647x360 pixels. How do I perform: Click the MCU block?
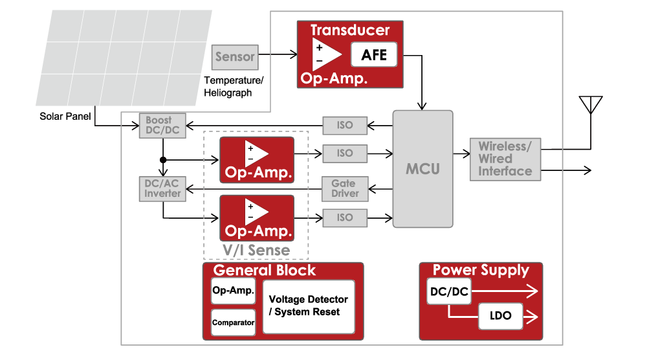coord(422,168)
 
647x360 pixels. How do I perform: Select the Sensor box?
coord(235,57)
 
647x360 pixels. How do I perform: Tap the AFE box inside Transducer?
coord(373,55)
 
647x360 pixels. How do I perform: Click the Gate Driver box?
coord(345,188)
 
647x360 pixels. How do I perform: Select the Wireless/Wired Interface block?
coord(505,159)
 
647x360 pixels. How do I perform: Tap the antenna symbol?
coord(590,106)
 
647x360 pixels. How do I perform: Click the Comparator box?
coord(233,322)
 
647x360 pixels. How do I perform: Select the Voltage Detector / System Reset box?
coord(309,306)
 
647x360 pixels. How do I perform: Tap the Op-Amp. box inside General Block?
coord(233,291)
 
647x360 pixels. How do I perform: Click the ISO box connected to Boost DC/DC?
coord(345,124)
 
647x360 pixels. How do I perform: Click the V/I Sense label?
coord(256,250)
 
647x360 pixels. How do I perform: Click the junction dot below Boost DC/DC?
coord(163,159)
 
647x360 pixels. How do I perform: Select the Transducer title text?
coord(350,30)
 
